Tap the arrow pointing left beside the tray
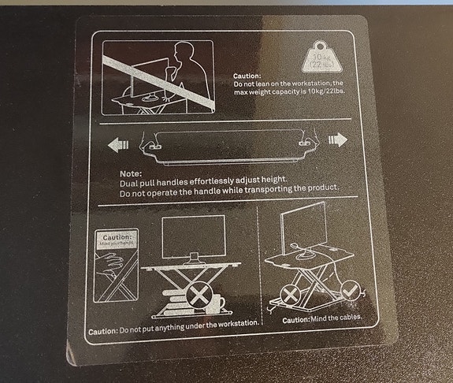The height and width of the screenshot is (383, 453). pos(118,144)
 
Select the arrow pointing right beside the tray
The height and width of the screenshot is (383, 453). pos(338,139)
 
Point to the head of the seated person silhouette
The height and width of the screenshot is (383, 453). pos(182,53)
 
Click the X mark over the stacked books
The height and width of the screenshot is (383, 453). pos(199,297)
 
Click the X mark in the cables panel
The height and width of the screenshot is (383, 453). pos(291,296)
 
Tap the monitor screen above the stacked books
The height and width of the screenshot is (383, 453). pos(193,235)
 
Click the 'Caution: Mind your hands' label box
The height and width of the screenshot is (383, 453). pos(117,238)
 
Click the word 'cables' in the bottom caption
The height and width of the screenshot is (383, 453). pos(346,318)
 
